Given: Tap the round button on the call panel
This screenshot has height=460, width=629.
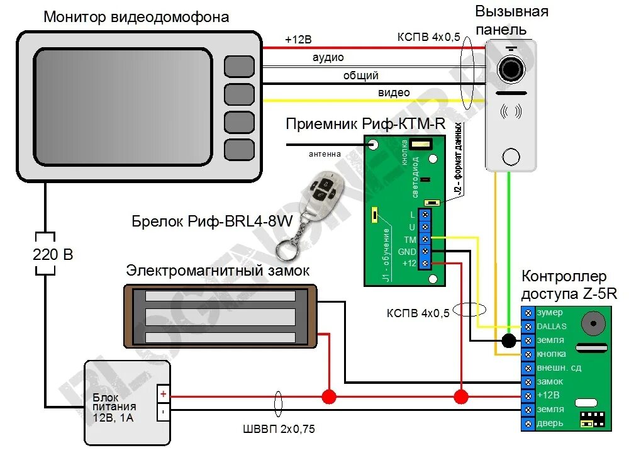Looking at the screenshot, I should click(x=511, y=157).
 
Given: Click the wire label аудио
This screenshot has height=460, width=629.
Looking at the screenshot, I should click(x=328, y=58).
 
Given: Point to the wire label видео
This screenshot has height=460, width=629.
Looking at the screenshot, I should click(x=394, y=93).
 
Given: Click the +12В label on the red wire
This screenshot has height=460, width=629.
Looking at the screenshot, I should click(x=298, y=40).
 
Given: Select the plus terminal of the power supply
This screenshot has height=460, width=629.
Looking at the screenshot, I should click(x=162, y=394).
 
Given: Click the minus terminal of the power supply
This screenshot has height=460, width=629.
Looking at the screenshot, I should click(x=162, y=412).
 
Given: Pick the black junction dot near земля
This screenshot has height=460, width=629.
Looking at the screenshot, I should click(x=509, y=341).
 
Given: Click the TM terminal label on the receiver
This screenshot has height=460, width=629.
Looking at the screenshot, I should click(x=410, y=239).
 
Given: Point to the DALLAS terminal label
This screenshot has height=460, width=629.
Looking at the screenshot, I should click(x=552, y=327).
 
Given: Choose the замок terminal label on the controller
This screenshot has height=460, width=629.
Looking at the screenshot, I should click(x=550, y=381).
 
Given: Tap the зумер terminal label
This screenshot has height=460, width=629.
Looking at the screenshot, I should click(x=550, y=313).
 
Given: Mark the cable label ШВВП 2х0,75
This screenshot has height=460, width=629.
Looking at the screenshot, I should click(x=279, y=430).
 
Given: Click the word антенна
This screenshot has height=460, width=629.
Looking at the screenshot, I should click(x=325, y=153).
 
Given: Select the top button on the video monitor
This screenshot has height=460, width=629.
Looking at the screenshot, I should click(x=239, y=66).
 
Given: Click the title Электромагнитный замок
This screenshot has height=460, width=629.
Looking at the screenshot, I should click(x=218, y=271).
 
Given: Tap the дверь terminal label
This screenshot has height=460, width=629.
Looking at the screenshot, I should click(x=549, y=423).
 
